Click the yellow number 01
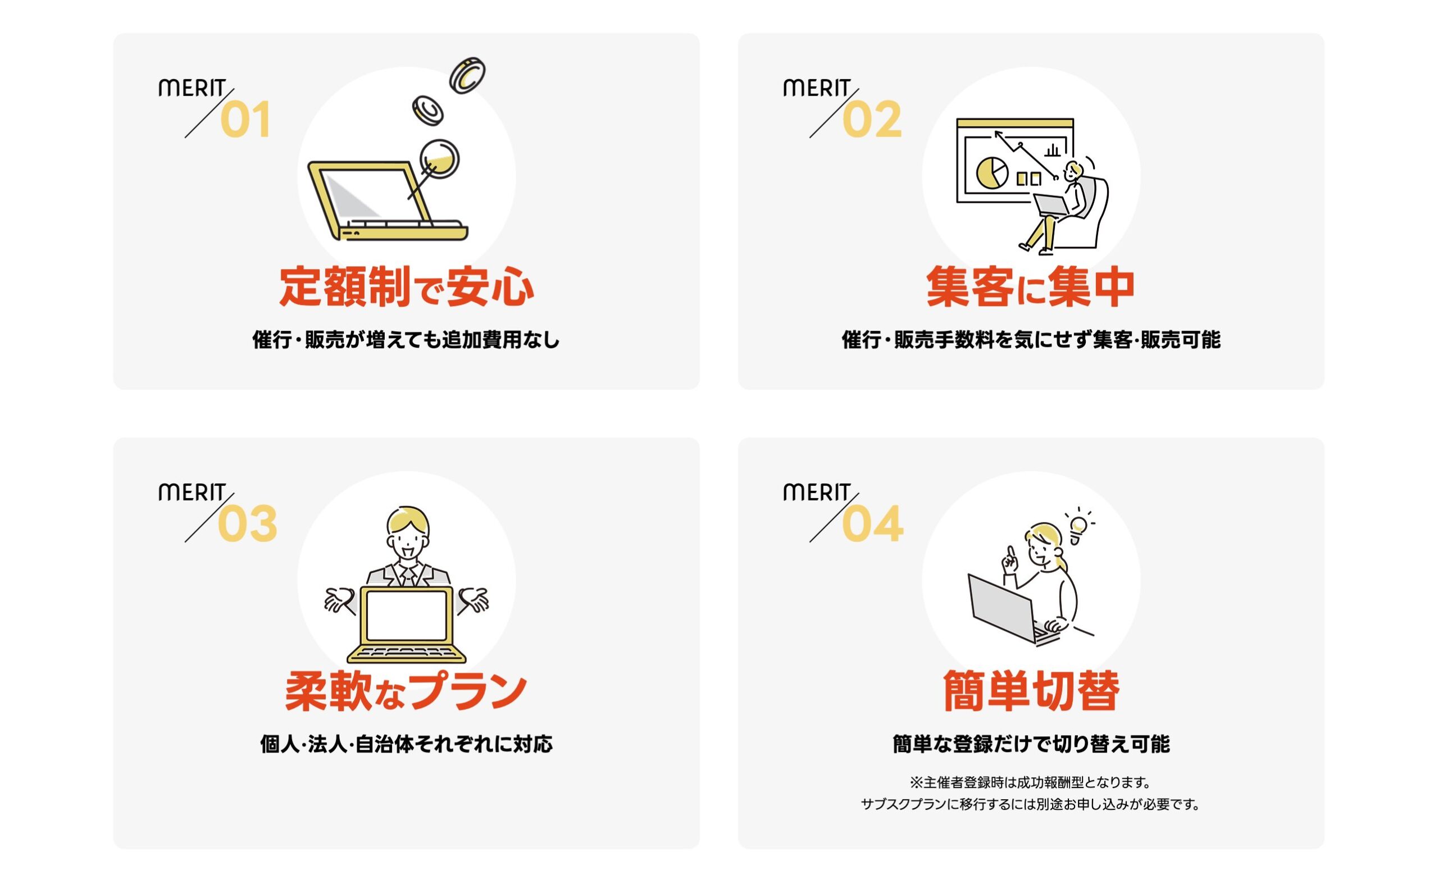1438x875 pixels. (x=245, y=120)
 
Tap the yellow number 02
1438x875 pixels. (x=872, y=120)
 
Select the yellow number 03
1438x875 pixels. (x=248, y=524)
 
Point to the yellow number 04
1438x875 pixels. (x=872, y=524)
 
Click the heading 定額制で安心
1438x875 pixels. (x=406, y=287)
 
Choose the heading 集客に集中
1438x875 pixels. (x=1030, y=287)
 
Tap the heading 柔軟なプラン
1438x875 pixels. (x=406, y=691)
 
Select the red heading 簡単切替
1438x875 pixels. (x=1031, y=691)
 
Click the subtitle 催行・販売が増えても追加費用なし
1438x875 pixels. (x=406, y=340)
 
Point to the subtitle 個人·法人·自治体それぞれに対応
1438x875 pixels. (x=406, y=744)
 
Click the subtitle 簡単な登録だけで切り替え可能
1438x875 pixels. (x=1031, y=744)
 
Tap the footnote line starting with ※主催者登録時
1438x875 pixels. (x=1030, y=782)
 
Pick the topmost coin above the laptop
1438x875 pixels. (x=467, y=75)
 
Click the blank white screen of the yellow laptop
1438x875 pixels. (x=407, y=616)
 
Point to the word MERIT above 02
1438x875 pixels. (x=816, y=88)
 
